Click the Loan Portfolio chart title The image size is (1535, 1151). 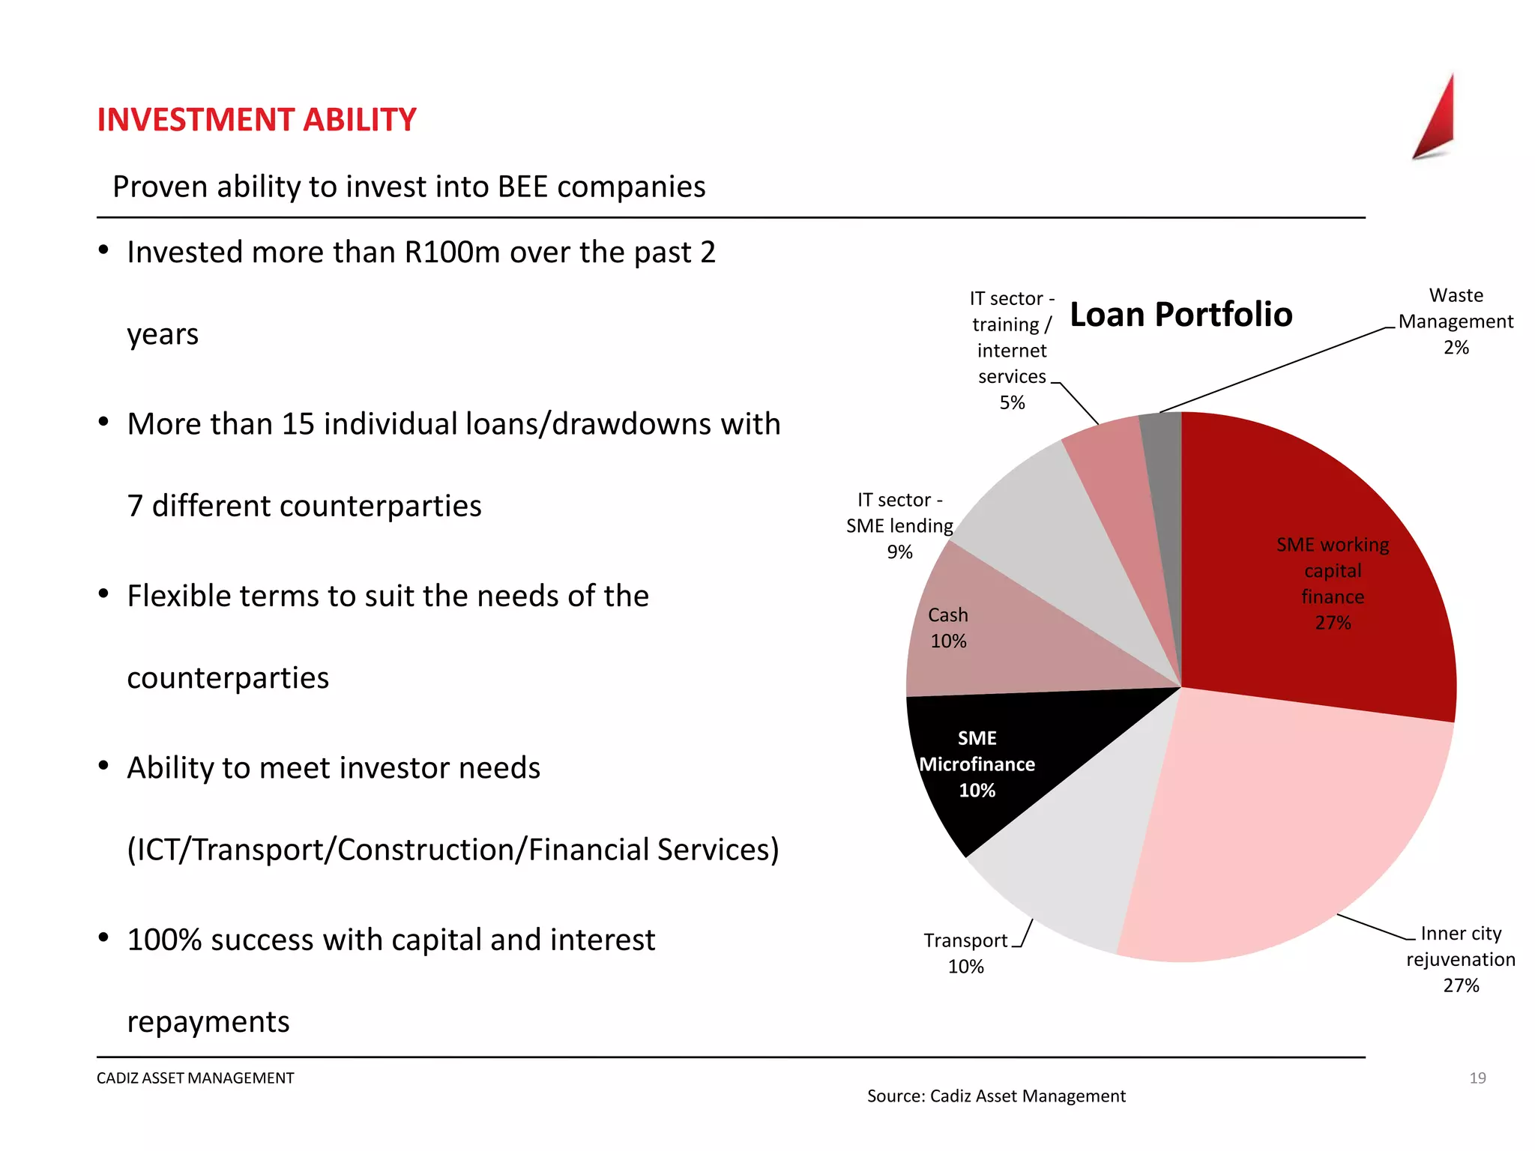pos(1180,315)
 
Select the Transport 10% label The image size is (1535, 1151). pos(965,953)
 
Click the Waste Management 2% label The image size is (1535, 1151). pos(1456,321)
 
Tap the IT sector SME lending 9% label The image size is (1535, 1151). pos(899,526)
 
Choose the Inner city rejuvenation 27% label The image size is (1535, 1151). pos(1460,959)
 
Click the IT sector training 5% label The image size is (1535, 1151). pos(1012,350)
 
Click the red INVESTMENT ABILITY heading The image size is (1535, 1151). pos(256,120)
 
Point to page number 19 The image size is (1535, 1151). pos(1477,1078)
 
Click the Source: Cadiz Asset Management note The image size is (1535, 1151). pos(996,1096)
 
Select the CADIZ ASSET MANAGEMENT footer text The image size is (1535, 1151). pos(196,1078)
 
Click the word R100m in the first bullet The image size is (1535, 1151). pos(452,253)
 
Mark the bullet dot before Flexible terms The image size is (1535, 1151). pos(104,594)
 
